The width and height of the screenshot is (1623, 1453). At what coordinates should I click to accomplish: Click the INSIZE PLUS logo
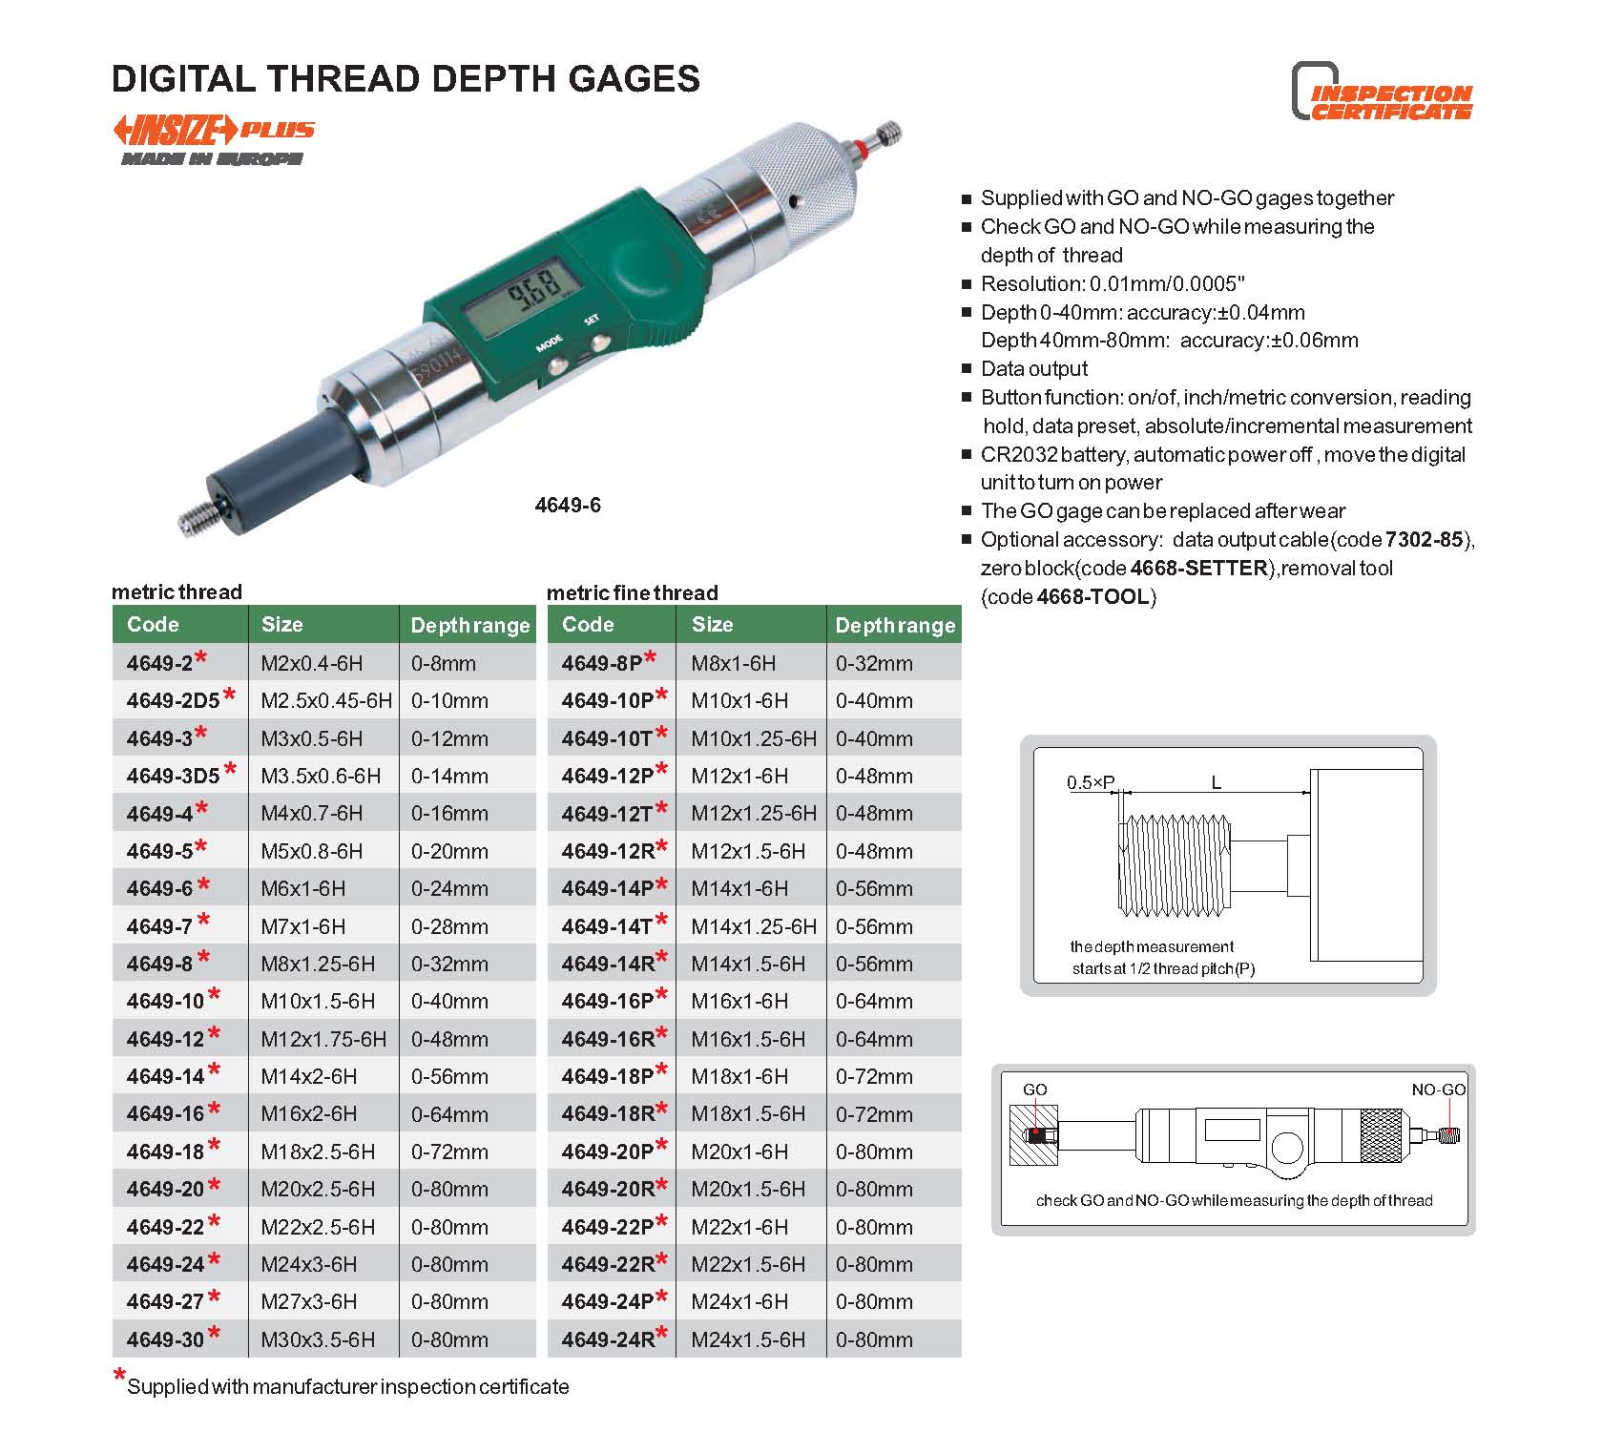coord(214,130)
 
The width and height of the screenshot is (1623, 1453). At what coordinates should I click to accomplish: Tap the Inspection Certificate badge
coord(1383,92)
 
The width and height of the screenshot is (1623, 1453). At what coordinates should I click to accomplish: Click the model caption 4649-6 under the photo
coord(568,505)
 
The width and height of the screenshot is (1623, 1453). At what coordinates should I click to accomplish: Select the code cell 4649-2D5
coord(174,700)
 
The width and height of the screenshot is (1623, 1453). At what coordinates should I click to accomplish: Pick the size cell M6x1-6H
coord(303,888)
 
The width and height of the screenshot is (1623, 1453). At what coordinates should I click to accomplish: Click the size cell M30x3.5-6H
coord(318,1339)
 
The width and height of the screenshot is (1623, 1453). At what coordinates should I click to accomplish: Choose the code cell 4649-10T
coord(608,738)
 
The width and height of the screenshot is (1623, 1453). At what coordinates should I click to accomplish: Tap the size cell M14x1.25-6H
coord(754,926)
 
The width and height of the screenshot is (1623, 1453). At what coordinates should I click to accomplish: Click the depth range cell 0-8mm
coord(444,663)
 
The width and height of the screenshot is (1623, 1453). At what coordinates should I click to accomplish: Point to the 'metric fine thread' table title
coord(632,592)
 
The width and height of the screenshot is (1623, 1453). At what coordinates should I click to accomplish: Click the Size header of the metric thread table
coord(282,624)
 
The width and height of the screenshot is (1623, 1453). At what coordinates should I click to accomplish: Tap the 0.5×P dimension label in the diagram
coord(1091,782)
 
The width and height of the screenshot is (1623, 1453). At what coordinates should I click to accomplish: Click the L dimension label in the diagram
coord(1217,782)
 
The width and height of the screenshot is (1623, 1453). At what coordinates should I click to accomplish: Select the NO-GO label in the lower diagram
coord(1439,1090)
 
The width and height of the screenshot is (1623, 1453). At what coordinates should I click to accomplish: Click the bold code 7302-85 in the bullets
coord(1424,539)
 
